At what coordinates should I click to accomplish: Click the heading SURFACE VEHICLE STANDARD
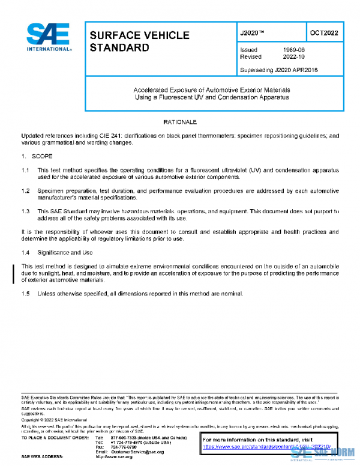pyautogui.click(x=139, y=41)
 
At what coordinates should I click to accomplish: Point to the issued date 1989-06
pyautogui.click(x=293, y=50)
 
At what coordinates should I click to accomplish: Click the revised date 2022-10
pyautogui.click(x=293, y=57)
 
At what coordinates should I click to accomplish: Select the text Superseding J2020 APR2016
pyautogui.click(x=278, y=70)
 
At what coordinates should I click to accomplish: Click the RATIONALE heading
pyautogui.click(x=180, y=122)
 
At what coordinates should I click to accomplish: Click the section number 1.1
pyautogui.click(x=25, y=171)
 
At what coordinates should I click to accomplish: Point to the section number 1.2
pyautogui.click(x=25, y=191)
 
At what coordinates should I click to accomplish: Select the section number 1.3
pyautogui.click(x=25, y=211)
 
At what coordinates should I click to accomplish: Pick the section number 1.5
pyautogui.click(x=25, y=293)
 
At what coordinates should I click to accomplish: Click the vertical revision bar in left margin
pyautogui.click(x=14, y=273)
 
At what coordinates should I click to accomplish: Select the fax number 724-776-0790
pyautogui.click(x=124, y=447)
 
